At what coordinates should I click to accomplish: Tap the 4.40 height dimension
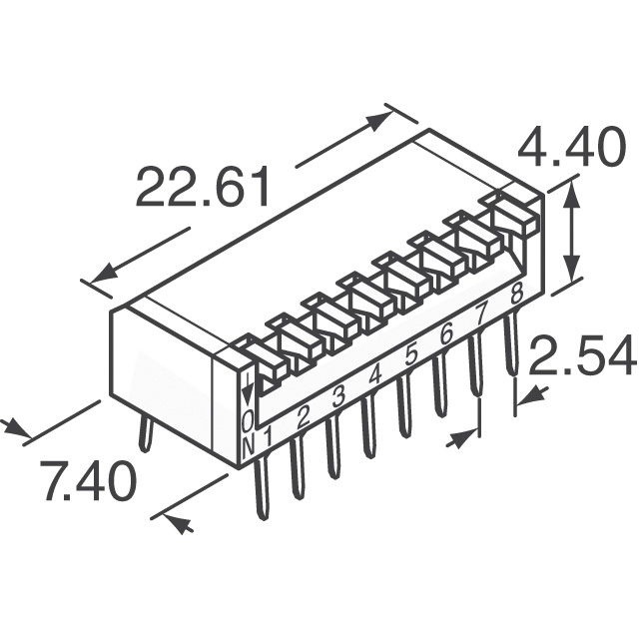(x=572, y=147)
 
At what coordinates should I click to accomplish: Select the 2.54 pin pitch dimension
(x=583, y=355)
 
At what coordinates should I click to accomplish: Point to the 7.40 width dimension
(x=89, y=481)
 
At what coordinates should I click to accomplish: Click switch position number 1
(x=268, y=437)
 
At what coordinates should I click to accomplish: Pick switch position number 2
(x=304, y=416)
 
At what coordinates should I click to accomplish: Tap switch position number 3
(x=338, y=397)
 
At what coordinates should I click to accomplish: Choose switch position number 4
(x=375, y=375)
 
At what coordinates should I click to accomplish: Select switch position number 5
(x=411, y=354)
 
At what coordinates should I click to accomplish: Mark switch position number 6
(x=447, y=335)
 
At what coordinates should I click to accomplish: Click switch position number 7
(x=481, y=315)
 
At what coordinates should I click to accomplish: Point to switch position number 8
(x=517, y=293)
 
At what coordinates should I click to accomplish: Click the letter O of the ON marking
(x=248, y=421)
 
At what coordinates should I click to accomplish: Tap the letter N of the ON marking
(x=249, y=446)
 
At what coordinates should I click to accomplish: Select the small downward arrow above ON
(x=247, y=390)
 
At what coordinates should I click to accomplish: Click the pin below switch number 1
(x=262, y=487)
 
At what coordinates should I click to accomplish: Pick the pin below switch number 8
(x=510, y=344)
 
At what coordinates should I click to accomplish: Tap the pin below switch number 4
(x=368, y=427)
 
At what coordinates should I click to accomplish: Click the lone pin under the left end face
(x=144, y=435)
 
